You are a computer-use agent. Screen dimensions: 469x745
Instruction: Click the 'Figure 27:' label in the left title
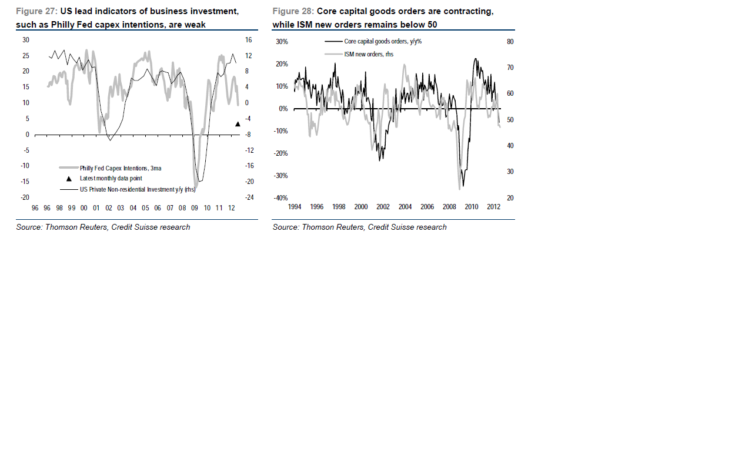pos(36,11)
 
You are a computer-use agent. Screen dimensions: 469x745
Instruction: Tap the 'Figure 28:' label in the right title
pos(293,11)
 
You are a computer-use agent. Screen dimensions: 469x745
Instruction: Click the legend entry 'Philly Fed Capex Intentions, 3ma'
pos(121,168)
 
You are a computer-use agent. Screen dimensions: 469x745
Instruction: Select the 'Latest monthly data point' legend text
pos(111,178)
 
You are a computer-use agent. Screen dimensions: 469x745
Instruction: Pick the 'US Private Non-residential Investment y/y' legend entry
pos(138,189)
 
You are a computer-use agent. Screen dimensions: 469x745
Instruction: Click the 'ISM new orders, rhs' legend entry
pos(369,54)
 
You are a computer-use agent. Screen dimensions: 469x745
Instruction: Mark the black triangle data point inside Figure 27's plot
pos(238,124)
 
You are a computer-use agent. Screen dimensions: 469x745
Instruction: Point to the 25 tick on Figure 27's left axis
pos(26,56)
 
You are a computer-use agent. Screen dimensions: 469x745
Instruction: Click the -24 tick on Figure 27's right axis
pos(249,197)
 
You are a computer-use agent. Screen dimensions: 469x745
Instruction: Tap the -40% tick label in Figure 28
pos(281,198)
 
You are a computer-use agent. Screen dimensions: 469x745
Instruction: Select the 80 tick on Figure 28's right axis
pos(510,42)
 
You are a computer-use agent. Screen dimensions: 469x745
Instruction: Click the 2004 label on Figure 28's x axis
pos(405,207)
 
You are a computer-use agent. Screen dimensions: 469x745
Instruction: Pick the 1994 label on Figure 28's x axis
pos(295,207)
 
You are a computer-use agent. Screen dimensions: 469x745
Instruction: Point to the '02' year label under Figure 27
pos(109,208)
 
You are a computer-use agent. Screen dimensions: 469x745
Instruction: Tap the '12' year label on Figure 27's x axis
pos(231,208)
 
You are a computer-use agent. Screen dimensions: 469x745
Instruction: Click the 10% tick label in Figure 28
pos(282,86)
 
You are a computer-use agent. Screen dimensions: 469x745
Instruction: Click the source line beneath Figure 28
pos(359,227)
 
